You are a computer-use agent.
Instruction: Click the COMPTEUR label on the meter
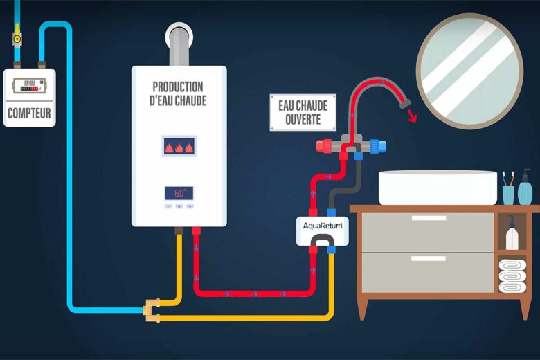(x=29, y=113)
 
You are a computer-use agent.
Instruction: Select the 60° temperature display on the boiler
(x=179, y=193)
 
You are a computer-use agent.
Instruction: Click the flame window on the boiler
(x=179, y=146)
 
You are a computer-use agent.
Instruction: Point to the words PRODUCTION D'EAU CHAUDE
(x=179, y=93)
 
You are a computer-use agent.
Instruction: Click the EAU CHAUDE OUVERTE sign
(x=303, y=112)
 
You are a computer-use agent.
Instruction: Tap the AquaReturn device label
(x=322, y=225)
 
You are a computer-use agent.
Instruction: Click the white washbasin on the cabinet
(x=438, y=186)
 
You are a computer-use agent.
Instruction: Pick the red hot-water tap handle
(x=323, y=146)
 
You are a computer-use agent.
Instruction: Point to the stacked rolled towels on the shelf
(x=512, y=275)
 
